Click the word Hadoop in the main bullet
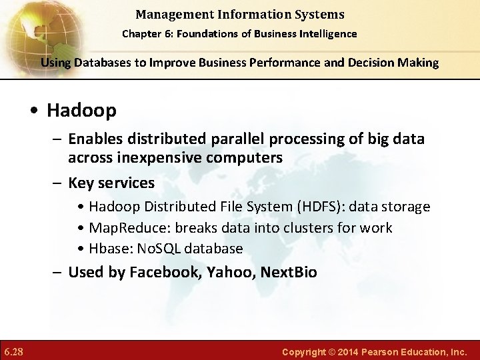pyautogui.click(x=81, y=110)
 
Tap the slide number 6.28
pyautogui.click(x=14, y=351)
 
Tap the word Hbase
pyautogui.click(x=108, y=248)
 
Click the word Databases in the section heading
pyautogui.click(x=101, y=63)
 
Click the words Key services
pyautogui.click(x=111, y=183)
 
